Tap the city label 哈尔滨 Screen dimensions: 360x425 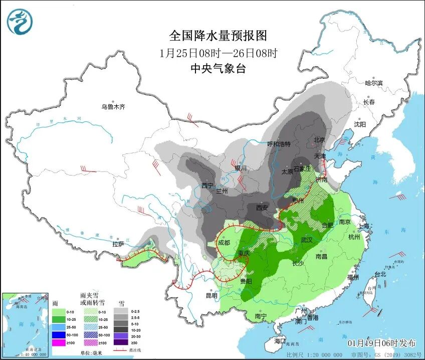pyautogui.click(x=373, y=83)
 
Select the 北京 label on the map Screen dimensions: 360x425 pyautogui.click(x=319, y=139)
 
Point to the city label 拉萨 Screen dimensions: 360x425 pyautogui.click(x=118, y=244)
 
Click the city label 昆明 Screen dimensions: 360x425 pyautogui.click(x=211, y=295)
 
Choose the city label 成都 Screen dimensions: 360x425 pyautogui.click(x=224, y=243)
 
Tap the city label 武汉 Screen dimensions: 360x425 pyautogui.click(x=306, y=240)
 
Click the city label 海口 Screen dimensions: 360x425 pyautogui.click(x=280, y=341)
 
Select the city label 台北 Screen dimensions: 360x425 pyautogui.click(x=380, y=274)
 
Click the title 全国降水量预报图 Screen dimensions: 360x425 pyautogui.click(x=218, y=36)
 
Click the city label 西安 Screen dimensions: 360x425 pyautogui.click(x=263, y=207)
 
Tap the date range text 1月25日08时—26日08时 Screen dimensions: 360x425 pyautogui.click(x=218, y=53)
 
